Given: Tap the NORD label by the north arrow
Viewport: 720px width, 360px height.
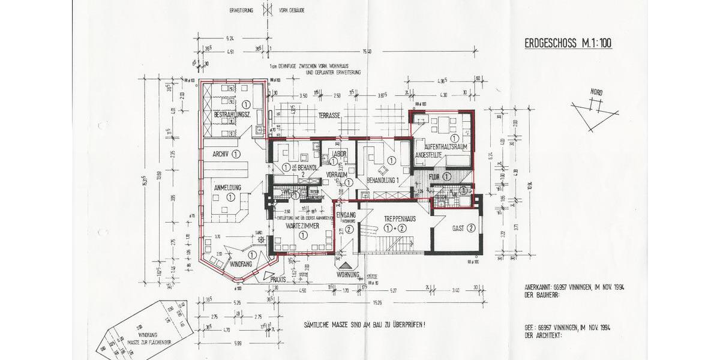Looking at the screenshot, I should pyautogui.click(x=596, y=92).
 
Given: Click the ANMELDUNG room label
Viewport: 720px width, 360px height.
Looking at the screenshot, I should pyautogui.click(x=227, y=188).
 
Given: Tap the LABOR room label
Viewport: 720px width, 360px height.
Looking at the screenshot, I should pyautogui.click(x=340, y=154).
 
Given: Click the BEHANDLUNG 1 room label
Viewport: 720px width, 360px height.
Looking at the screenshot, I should pyautogui.click(x=383, y=180).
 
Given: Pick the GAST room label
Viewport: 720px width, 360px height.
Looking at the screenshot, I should pyautogui.click(x=459, y=227).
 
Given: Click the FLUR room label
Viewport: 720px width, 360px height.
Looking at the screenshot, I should pyautogui.click(x=434, y=176).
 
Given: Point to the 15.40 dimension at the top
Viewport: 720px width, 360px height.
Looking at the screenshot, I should pyautogui.click(x=365, y=51).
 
